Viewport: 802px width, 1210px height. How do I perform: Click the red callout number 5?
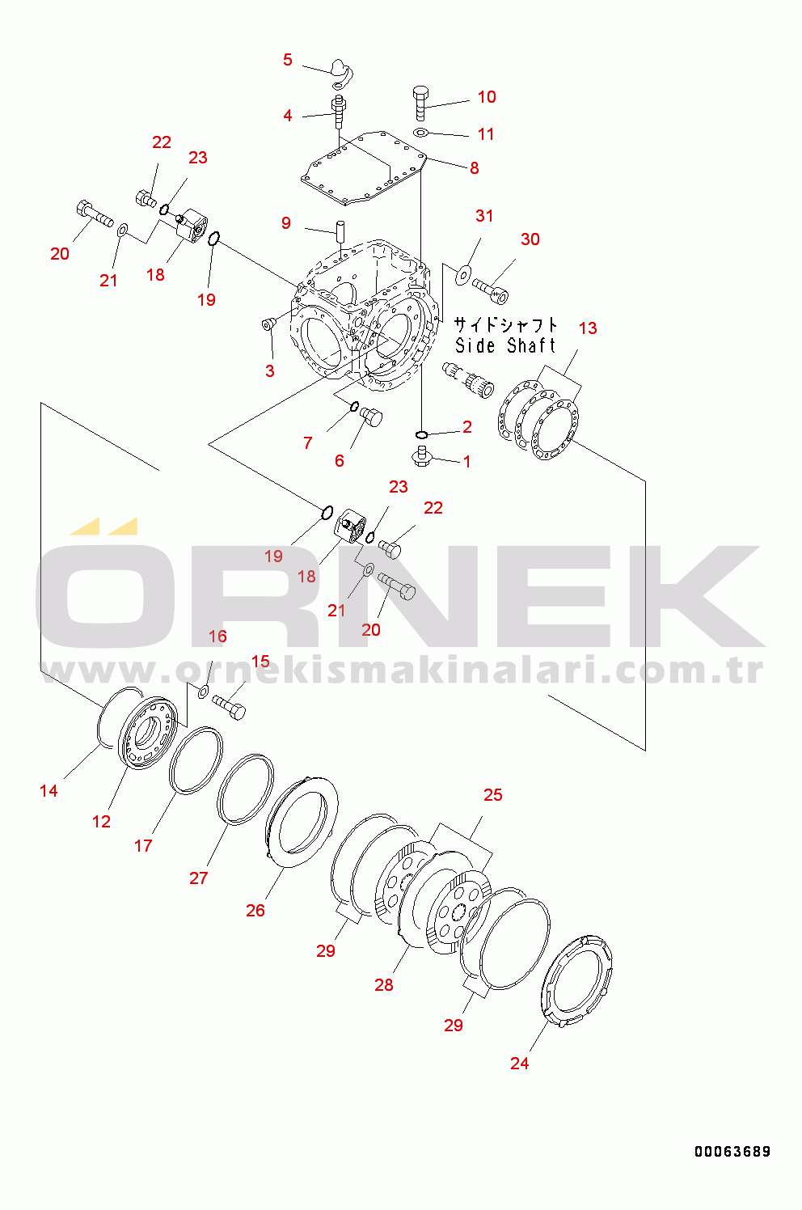tap(287, 60)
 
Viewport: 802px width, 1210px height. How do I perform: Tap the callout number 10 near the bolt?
tap(487, 97)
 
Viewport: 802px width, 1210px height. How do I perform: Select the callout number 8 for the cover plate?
tap(475, 168)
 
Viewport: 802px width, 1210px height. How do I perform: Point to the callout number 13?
tap(588, 328)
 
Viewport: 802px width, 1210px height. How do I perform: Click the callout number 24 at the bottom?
tap(520, 1063)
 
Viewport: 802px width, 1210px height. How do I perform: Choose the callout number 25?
tap(492, 794)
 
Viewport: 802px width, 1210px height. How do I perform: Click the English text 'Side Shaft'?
tap(505, 345)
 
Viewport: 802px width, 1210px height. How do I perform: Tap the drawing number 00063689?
tap(732, 1152)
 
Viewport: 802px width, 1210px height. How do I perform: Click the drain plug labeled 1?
tap(422, 456)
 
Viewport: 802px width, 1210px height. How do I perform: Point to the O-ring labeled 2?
tap(422, 434)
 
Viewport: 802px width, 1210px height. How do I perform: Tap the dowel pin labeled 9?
tap(341, 232)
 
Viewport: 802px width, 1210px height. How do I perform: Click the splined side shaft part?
tap(468, 380)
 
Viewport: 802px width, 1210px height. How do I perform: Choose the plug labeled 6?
tap(372, 417)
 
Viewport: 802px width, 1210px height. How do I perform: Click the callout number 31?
tap(484, 216)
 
